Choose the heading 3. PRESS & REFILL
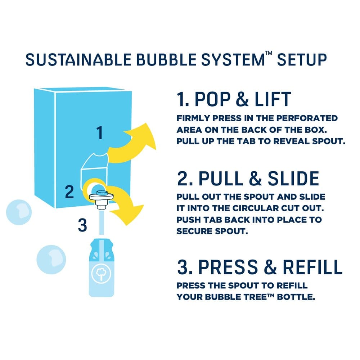point(259,267)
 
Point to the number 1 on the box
point(100,134)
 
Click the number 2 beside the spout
point(70,192)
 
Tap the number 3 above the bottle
point(82,225)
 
